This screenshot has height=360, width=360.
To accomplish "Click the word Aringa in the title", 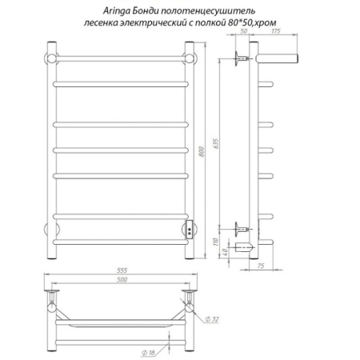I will click(114, 10).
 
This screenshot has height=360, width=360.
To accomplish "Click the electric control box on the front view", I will click(190, 230).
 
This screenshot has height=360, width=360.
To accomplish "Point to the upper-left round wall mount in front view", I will click(51, 58).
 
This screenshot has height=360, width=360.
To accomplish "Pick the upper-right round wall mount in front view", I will click(191, 58).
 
